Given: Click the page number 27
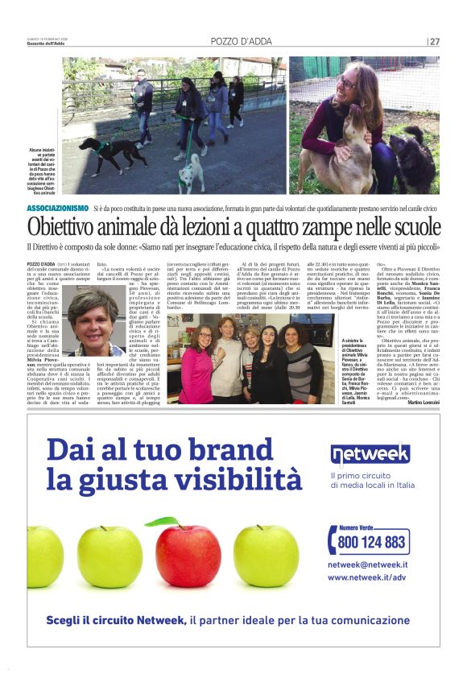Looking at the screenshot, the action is pyautogui.click(x=435, y=41).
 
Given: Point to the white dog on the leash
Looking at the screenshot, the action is pyautogui.click(x=191, y=172).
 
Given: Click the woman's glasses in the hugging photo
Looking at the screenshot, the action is pyautogui.click(x=349, y=84).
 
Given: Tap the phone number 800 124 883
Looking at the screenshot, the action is pyautogui.click(x=372, y=542).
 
